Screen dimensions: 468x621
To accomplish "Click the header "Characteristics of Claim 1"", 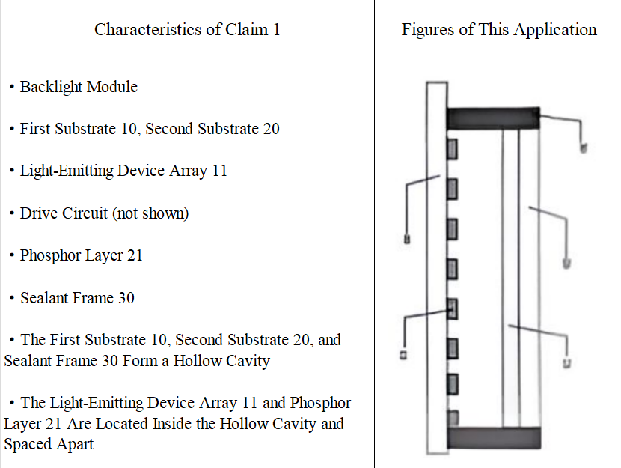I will tap(187, 30).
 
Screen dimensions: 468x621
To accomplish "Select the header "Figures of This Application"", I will tap(499, 30).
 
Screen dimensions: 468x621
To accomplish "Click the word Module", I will tap(114, 87).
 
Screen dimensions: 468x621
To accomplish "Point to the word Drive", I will tap(38, 213).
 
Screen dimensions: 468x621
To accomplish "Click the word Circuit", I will tap(84, 213).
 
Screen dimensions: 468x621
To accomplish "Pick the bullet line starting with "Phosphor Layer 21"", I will tap(81, 255).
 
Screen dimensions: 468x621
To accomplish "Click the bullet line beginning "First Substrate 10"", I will tap(150, 129).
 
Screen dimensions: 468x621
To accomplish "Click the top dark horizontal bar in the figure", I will tap(493, 118).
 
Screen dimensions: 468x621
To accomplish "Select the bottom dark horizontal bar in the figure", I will tap(493, 438).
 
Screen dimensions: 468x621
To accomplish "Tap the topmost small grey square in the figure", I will tap(452, 148).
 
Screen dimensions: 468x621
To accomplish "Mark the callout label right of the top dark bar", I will tap(583, 148).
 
